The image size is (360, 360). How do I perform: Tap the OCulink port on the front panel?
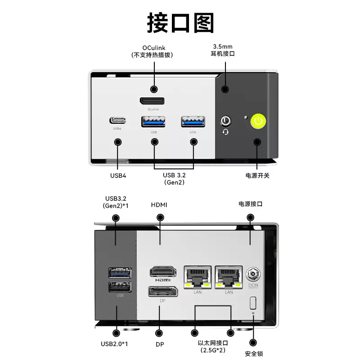coord(152,101)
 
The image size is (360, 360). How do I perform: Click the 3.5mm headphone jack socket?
coord(225,121)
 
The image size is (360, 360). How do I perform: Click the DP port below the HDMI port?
coord(162,291)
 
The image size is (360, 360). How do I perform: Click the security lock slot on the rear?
coord(253,302)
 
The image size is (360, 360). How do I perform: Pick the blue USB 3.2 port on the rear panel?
coord(120,273)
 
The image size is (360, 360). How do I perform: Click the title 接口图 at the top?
coord(180,22)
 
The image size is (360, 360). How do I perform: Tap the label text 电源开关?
coord(257,175)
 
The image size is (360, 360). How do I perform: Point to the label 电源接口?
coord(250,204)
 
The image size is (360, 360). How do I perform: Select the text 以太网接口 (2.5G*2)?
coord(213,346)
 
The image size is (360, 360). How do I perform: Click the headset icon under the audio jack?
coord(225,131)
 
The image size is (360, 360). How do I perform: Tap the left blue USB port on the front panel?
coord(154,121)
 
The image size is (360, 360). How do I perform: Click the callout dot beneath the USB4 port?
coord(118,142)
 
